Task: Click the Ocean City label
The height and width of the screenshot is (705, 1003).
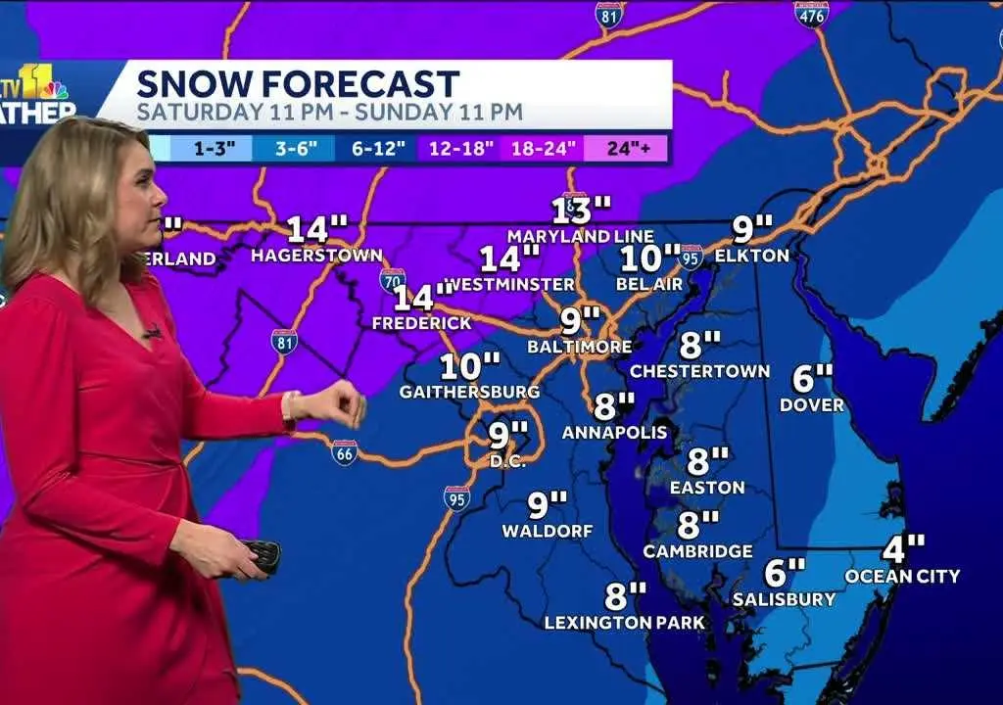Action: pyautogui.click(x=902, y=576)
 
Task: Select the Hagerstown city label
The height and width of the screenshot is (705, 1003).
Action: pyautogui.click(x=316, y=256)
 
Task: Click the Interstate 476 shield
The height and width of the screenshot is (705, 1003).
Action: pyautogui.click(x=811, y=14)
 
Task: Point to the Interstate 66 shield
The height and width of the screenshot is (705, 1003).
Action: pyautogui.click(x=344, y=452)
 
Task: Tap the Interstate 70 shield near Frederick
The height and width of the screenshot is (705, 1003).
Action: pyautogui.click(x=393, y=280)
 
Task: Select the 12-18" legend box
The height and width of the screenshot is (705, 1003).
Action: pyautogui.click(x=458, y=148)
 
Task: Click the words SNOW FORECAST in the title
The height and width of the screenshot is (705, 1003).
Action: pyautogui.click(x=298, y=83)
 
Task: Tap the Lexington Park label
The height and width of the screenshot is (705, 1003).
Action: pyautogui.click(x=625, y=622)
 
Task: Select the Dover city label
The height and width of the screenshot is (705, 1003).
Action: pyautogui.click(x=812, y=404)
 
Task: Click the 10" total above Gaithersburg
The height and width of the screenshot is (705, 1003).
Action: pyautogui.click(x=470, y=367)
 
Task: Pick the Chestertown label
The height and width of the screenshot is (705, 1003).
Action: pyautogui.click(x=700, y=371)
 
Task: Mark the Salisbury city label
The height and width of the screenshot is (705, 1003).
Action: pyautogui.click(x=785, y=598)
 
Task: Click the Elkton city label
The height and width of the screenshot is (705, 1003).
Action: pyautogui.click(x=752, y=256)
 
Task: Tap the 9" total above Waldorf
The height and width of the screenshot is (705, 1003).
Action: pyautogui.click(x=548, y=505)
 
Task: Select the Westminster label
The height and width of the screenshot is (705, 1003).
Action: pyautogui.click(x=509, y=284)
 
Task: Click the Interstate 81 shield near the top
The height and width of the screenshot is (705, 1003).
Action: pyautogui.click(x=609, y=15)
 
